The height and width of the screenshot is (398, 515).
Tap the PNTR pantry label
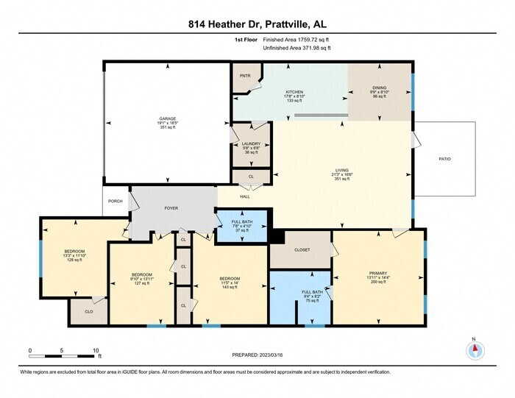point(244,76)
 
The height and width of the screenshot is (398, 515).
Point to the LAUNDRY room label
point(251,144)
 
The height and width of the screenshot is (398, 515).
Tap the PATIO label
point(444,159)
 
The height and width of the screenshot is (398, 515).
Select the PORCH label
point(116,201)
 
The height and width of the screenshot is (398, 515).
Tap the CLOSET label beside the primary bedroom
point(302,250)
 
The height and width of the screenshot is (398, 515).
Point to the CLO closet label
point(88,311)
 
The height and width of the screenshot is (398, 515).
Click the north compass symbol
point(475,349)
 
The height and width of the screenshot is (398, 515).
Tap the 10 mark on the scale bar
point(96,349)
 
